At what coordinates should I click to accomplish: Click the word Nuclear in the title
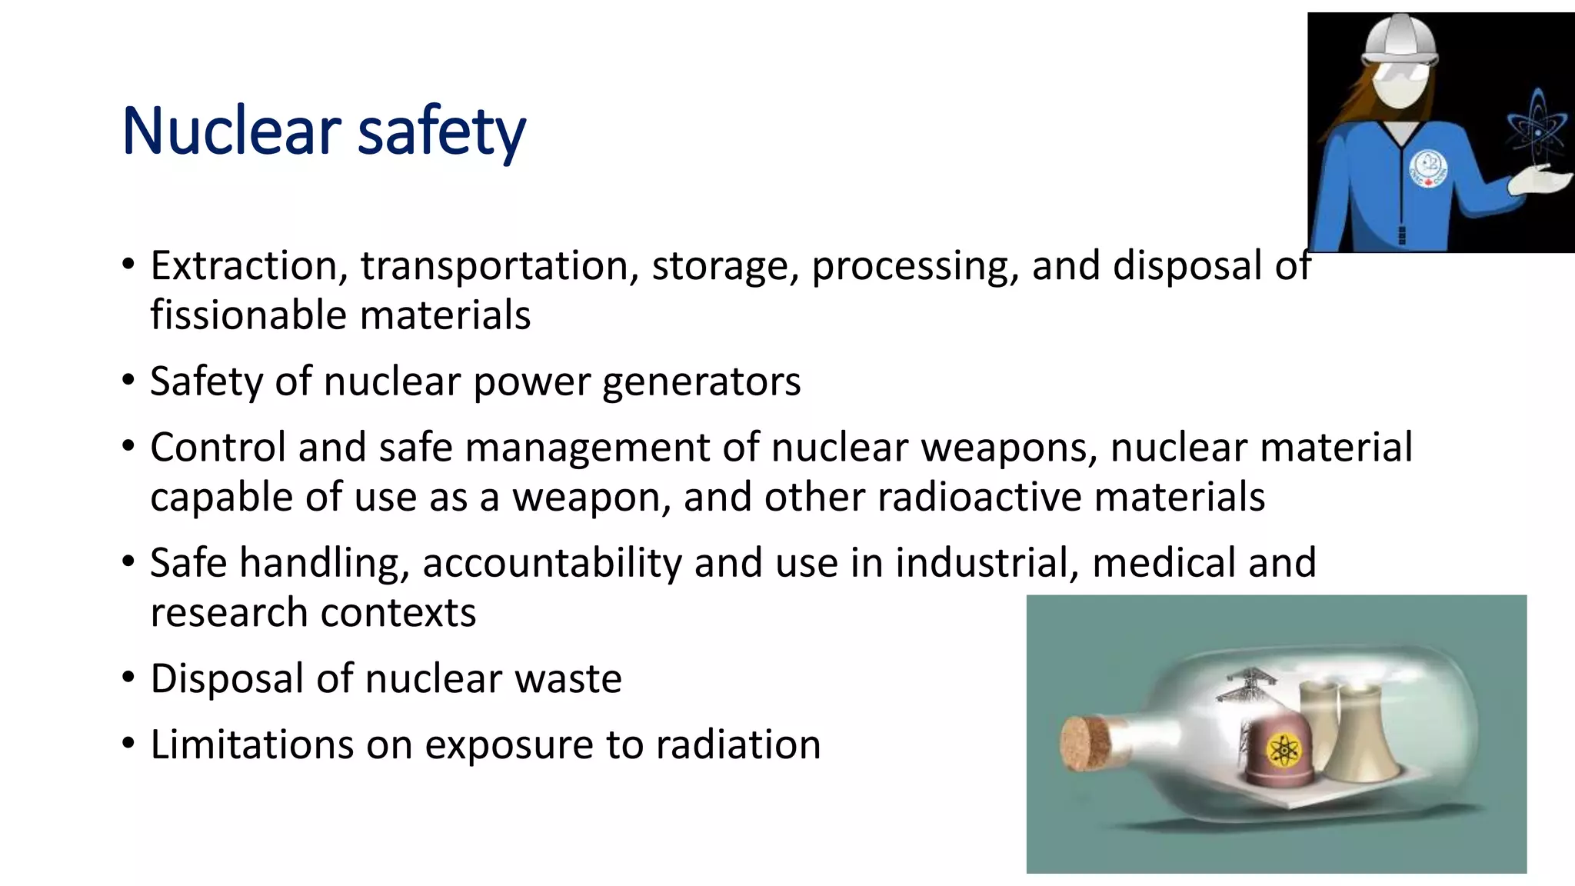click(x=231, y=131)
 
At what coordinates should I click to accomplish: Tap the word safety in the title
click(x=441, y=132)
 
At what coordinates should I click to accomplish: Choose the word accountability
click(x=551, y=563)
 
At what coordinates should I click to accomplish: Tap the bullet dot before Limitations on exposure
click(x=128, y=744)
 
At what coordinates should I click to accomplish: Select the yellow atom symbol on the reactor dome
click(x=1282, y=750)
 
